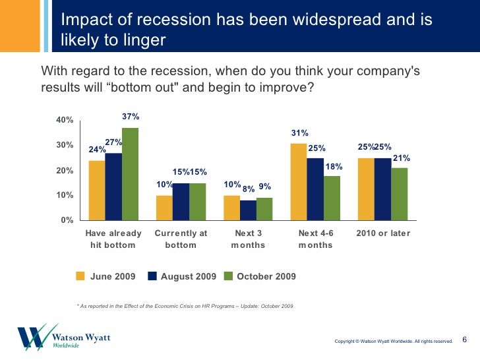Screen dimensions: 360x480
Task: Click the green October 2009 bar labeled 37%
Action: (130, 174)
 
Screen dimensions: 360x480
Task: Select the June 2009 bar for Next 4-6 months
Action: (298, 182)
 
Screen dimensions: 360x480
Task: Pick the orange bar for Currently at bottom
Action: (164, 208)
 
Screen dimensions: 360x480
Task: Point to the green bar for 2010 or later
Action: (399, 194)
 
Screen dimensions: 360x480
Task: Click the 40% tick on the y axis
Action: (64, 121)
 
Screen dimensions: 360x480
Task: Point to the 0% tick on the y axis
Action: (66, 220)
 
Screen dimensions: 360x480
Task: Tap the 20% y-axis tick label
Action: (64, 171)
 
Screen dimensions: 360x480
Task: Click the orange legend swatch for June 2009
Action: (81, 276)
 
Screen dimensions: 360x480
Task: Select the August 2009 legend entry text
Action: (189, 276)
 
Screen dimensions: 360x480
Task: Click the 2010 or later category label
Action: (382, 233)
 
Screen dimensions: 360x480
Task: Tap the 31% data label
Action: (300, 134)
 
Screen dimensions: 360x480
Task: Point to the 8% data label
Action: (249, 189)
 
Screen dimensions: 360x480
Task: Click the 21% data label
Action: (402, 158)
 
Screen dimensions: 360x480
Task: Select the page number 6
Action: (464, 340)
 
